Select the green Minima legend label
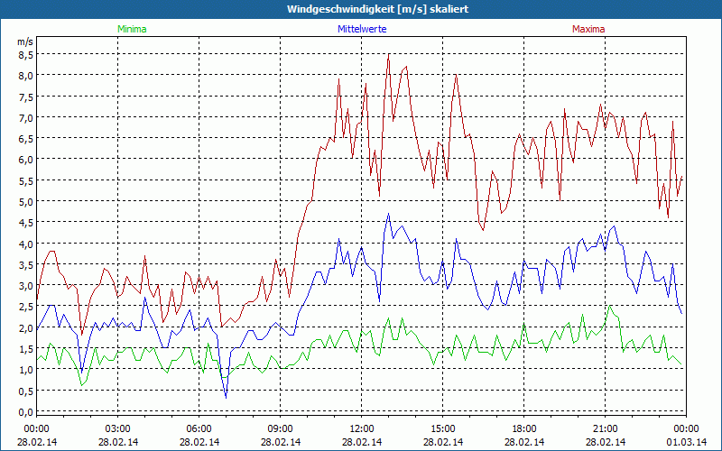[131, 29]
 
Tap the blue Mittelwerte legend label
[361, 29]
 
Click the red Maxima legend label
[588, 29]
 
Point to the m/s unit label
[24, 41]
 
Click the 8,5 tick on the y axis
[25, 54]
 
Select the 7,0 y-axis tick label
[25, 117]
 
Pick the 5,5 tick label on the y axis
[25, 180]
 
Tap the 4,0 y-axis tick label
[25, 244]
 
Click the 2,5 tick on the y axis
[25, 307]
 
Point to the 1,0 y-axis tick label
[25, 370]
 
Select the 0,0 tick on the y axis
[25, 411]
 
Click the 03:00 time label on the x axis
[118, 428]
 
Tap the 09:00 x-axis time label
[281, 428]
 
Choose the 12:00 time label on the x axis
[362, 428]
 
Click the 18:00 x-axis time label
[524, 428]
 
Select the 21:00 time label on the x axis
[606, 428]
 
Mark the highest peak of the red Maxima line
[388, 54]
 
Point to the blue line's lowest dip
[226, 397]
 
